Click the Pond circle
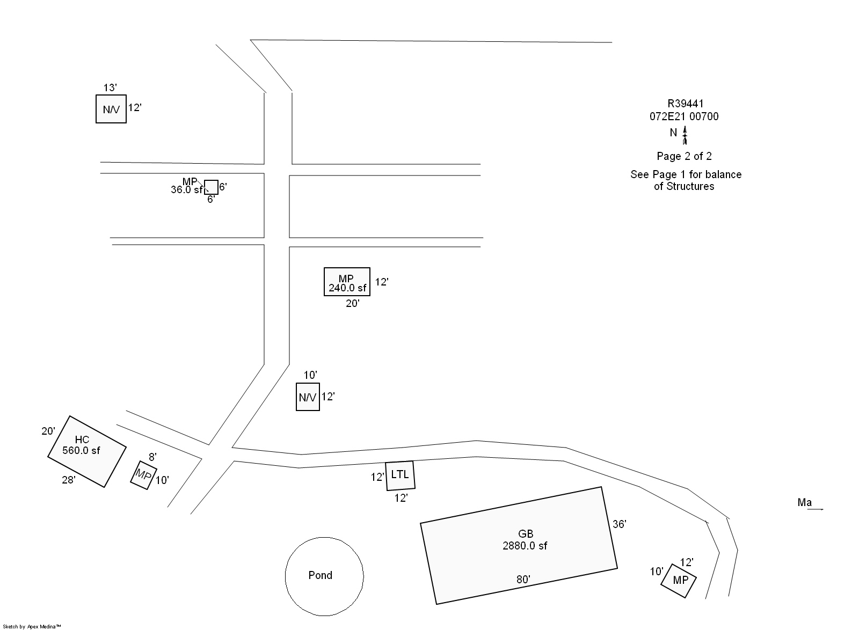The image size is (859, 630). click(324, 576)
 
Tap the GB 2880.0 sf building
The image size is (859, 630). click(519, 545)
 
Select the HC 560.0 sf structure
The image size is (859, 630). click(87, 451)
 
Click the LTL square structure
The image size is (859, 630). click(401, 475)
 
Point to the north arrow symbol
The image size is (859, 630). click(685, 135)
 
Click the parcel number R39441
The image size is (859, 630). click(686, 104)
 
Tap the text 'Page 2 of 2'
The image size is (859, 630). click(684, 156)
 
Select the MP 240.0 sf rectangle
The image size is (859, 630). click(347, 282)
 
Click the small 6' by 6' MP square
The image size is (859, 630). click(211, 187)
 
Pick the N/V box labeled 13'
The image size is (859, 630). click(111, 109)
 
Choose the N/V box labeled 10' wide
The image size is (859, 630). click(308, 397)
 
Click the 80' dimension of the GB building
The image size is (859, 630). click(523, 580)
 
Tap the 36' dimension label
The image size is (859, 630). click(620, 524)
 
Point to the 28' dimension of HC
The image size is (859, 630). click(68, 480)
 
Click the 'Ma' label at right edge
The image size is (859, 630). click(804, 503)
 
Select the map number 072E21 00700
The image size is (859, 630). click(684, 116)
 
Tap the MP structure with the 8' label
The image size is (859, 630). click(143, 475)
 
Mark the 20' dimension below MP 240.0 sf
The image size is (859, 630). click(352, 304)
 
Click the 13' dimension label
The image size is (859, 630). click(110, 87)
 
